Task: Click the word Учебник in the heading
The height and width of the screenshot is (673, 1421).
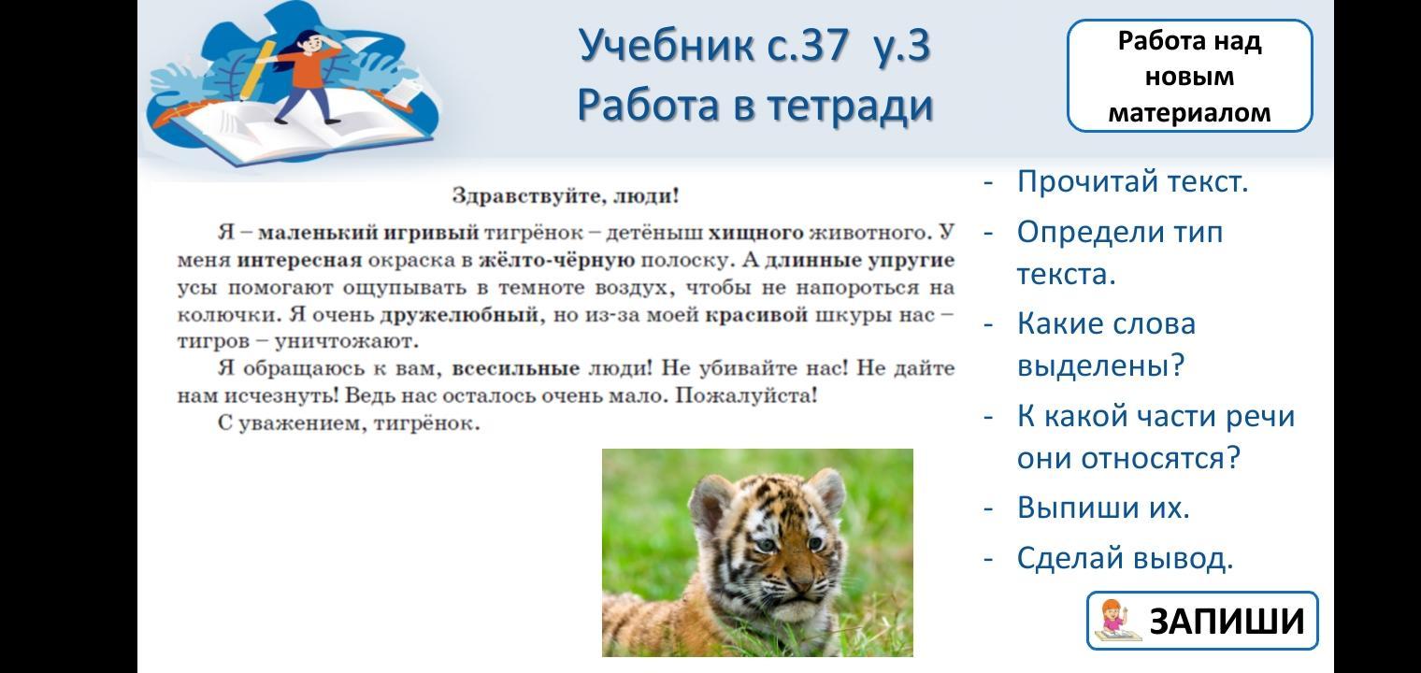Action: [667, 46]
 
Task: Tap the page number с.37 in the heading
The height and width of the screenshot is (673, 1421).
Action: [808, 46]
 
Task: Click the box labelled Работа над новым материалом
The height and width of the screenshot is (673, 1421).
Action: [1189, 76]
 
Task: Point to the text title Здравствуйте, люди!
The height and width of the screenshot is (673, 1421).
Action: [566, 195]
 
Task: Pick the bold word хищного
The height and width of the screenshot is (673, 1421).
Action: [755, 233]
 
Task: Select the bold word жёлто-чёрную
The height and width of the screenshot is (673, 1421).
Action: [556, 260]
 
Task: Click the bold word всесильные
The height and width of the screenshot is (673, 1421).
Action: [516, 368]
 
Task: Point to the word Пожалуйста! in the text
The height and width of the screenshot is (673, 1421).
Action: [747, 395]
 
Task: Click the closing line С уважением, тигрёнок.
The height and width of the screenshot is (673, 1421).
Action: [349, 423]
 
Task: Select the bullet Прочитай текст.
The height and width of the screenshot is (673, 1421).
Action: [1132, 182]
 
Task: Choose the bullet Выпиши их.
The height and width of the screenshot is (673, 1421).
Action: [1103, 508]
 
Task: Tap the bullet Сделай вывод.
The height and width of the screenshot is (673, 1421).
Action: [1125, 559]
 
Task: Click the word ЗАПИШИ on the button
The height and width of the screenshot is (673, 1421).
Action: [1227, 621]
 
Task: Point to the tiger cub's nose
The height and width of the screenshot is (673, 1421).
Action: [800, 581]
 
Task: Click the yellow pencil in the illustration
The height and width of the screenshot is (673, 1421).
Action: [258, 69]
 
